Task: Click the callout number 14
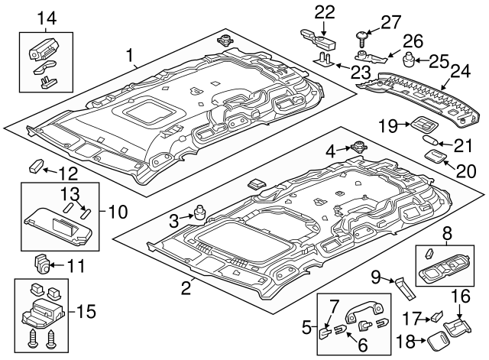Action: coord(47,18)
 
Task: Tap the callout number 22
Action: coord(325,11)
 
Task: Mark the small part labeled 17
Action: coord(436,314)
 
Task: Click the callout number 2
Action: coord(186,288)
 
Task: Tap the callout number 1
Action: coord(130,55)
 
